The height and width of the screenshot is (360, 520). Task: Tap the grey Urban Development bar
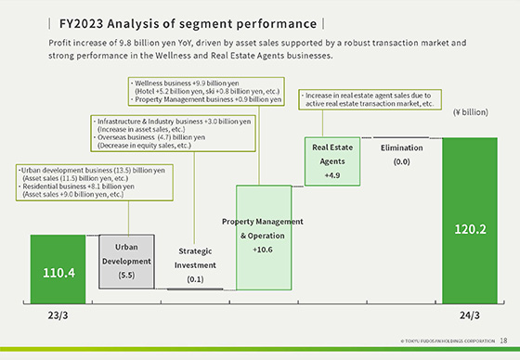pos(126,262)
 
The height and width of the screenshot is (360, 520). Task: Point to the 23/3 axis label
pos(58,314)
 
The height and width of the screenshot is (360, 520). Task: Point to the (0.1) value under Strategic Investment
pos(195,278)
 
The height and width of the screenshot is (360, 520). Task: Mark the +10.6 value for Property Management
pos(264,250)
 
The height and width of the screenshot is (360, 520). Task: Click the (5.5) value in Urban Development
pos(126,276)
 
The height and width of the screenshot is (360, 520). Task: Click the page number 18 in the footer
pos(504,341)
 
